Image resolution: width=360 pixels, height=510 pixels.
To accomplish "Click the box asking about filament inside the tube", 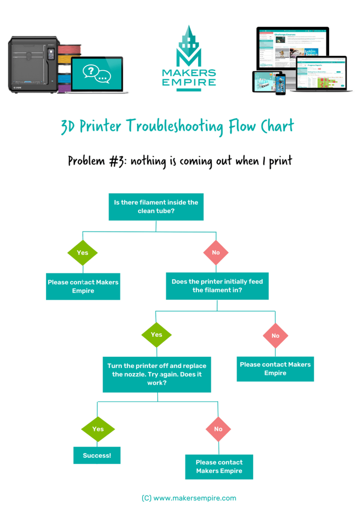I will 156,207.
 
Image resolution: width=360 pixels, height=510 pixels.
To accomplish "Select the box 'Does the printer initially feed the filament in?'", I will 217,286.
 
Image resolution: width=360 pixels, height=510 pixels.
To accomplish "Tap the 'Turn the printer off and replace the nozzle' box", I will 157,374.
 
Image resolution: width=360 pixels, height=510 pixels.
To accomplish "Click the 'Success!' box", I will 97,455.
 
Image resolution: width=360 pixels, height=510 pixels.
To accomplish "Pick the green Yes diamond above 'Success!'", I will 98,429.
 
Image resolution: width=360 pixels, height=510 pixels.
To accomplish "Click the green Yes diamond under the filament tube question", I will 83,252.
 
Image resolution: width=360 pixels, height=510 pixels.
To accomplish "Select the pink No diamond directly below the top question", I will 216,252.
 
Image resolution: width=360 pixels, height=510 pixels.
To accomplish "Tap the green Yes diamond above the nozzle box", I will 157,334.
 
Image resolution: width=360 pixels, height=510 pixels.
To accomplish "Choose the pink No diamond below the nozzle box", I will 218,429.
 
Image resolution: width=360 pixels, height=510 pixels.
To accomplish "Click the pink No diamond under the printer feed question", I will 275,336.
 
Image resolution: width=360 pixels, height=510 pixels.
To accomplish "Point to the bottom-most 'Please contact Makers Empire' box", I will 219,467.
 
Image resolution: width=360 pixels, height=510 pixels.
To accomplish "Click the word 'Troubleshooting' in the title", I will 175,126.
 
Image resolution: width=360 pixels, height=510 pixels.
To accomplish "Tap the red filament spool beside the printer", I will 69,49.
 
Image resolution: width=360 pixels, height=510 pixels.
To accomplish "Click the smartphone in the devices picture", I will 280,83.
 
